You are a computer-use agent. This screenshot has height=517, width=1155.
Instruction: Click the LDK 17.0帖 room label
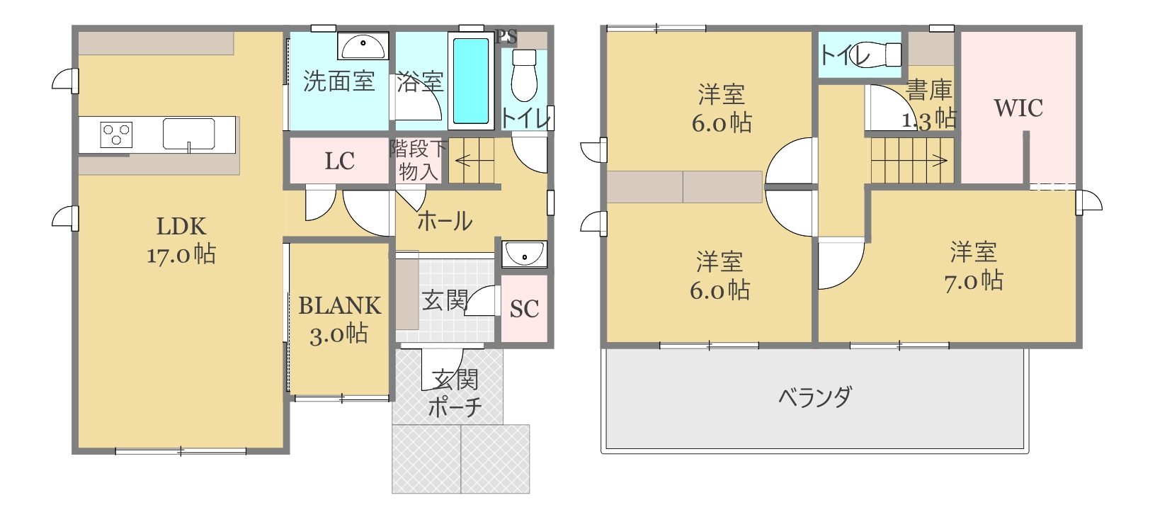[181, 241]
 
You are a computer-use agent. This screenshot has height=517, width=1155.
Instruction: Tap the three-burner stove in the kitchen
[116, 135]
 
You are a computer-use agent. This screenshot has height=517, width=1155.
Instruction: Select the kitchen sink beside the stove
[188, 134]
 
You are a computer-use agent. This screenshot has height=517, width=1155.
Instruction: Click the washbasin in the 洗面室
[363, 46]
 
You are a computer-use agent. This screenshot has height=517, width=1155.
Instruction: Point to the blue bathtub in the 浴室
[471, 81]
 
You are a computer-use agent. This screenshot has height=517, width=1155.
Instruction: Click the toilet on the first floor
[524, 75]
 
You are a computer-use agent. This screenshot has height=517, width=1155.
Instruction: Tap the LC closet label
[339, 161]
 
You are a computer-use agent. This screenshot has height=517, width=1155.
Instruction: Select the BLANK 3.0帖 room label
[339, 319]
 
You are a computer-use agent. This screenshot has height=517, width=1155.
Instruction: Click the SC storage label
[525, 309]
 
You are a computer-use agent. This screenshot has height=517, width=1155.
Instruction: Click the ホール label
[445, 221]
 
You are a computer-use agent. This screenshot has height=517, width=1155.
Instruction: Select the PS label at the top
[506, 37]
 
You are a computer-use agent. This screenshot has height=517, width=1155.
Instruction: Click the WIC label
[1018, 108]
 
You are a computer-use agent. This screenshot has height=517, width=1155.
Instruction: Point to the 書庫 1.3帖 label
[929, 105]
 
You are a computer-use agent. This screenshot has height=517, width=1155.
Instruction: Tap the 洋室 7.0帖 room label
[974, 266]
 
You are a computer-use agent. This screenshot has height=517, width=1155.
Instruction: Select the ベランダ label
[814, 397]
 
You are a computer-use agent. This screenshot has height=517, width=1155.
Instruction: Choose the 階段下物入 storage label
[418, 160]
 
